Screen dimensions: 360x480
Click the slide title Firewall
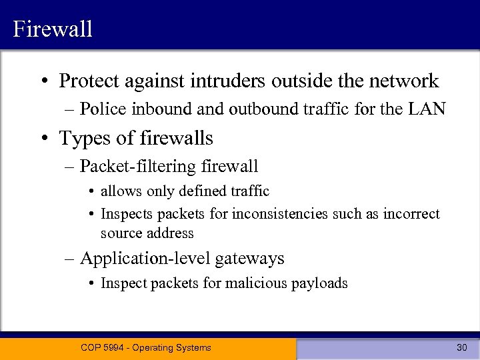[52, 29]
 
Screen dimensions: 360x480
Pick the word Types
[82, 139]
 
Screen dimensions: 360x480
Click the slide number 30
[461, 347]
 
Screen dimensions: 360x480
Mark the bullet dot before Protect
[44, 82]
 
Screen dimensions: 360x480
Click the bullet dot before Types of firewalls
[44, 139]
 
